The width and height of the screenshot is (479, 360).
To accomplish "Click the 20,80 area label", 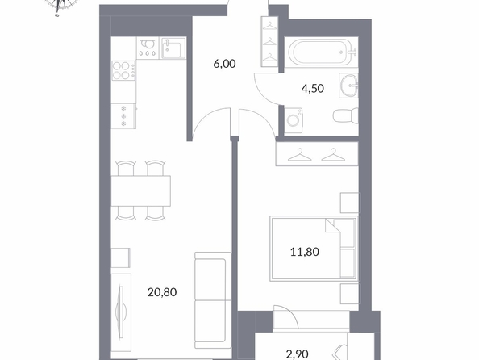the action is (162, 292).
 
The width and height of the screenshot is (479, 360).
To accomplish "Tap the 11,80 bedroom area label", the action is (305, 252).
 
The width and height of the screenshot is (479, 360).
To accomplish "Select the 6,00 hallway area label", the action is (224, 64).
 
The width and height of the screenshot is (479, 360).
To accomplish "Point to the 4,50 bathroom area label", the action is (313, 89).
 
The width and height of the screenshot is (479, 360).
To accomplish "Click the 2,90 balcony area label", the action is (297, 354).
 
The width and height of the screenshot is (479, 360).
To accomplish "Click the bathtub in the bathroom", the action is (321, 52).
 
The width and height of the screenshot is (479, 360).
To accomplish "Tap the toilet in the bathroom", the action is (345, 115).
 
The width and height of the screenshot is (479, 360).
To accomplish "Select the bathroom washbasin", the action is (348, 86).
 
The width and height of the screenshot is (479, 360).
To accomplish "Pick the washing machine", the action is (294, 120).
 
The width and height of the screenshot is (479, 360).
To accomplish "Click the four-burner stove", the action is (123, 71).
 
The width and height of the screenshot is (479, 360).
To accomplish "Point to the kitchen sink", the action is (173, 48).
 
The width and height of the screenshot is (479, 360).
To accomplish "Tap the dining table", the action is (140, 190).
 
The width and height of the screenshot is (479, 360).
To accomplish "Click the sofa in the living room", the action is (213, 300).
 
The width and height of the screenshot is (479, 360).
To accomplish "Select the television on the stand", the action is (121, 312).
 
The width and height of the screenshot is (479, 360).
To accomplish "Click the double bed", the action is (314, 249).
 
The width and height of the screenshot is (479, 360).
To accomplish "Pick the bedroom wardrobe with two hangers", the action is (317, 154).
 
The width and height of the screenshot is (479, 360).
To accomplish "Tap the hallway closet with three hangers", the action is (269, 42).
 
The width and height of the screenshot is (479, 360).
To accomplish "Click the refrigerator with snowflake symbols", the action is (123, 116).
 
